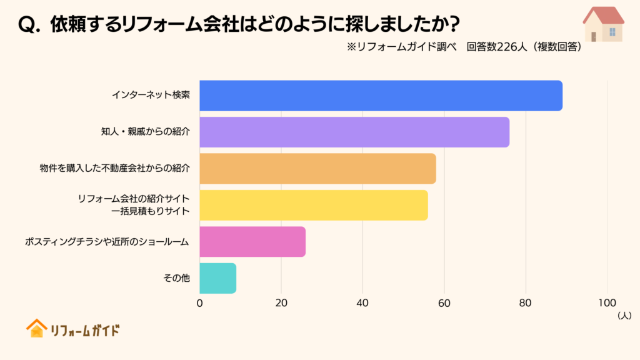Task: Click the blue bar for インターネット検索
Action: tap(381, 96)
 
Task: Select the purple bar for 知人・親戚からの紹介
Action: tap(354, 132)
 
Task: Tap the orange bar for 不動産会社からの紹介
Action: tap(317, 168)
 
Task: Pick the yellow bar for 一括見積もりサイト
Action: tap(314, 205)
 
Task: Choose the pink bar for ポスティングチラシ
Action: tap(252, 241)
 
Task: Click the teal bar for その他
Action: tap(217, 278)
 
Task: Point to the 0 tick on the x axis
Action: tap(200, 303)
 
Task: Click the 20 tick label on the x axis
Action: tap(281, 303)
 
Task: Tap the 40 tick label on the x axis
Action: tap(362, 303)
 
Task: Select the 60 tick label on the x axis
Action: tap(444, 303)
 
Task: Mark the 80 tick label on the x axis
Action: tap(526, 303)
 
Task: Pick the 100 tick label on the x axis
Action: tap(607, 303)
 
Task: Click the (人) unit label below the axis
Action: tap(624, 316)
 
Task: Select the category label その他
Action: tap(176, 278)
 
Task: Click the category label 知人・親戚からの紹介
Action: tap(145, 132)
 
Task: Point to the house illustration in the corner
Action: tap(603, 24)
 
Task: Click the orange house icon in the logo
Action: tap(36, 328)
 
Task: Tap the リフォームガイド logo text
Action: tap(84, 330)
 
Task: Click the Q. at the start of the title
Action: tap(30, 24)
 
